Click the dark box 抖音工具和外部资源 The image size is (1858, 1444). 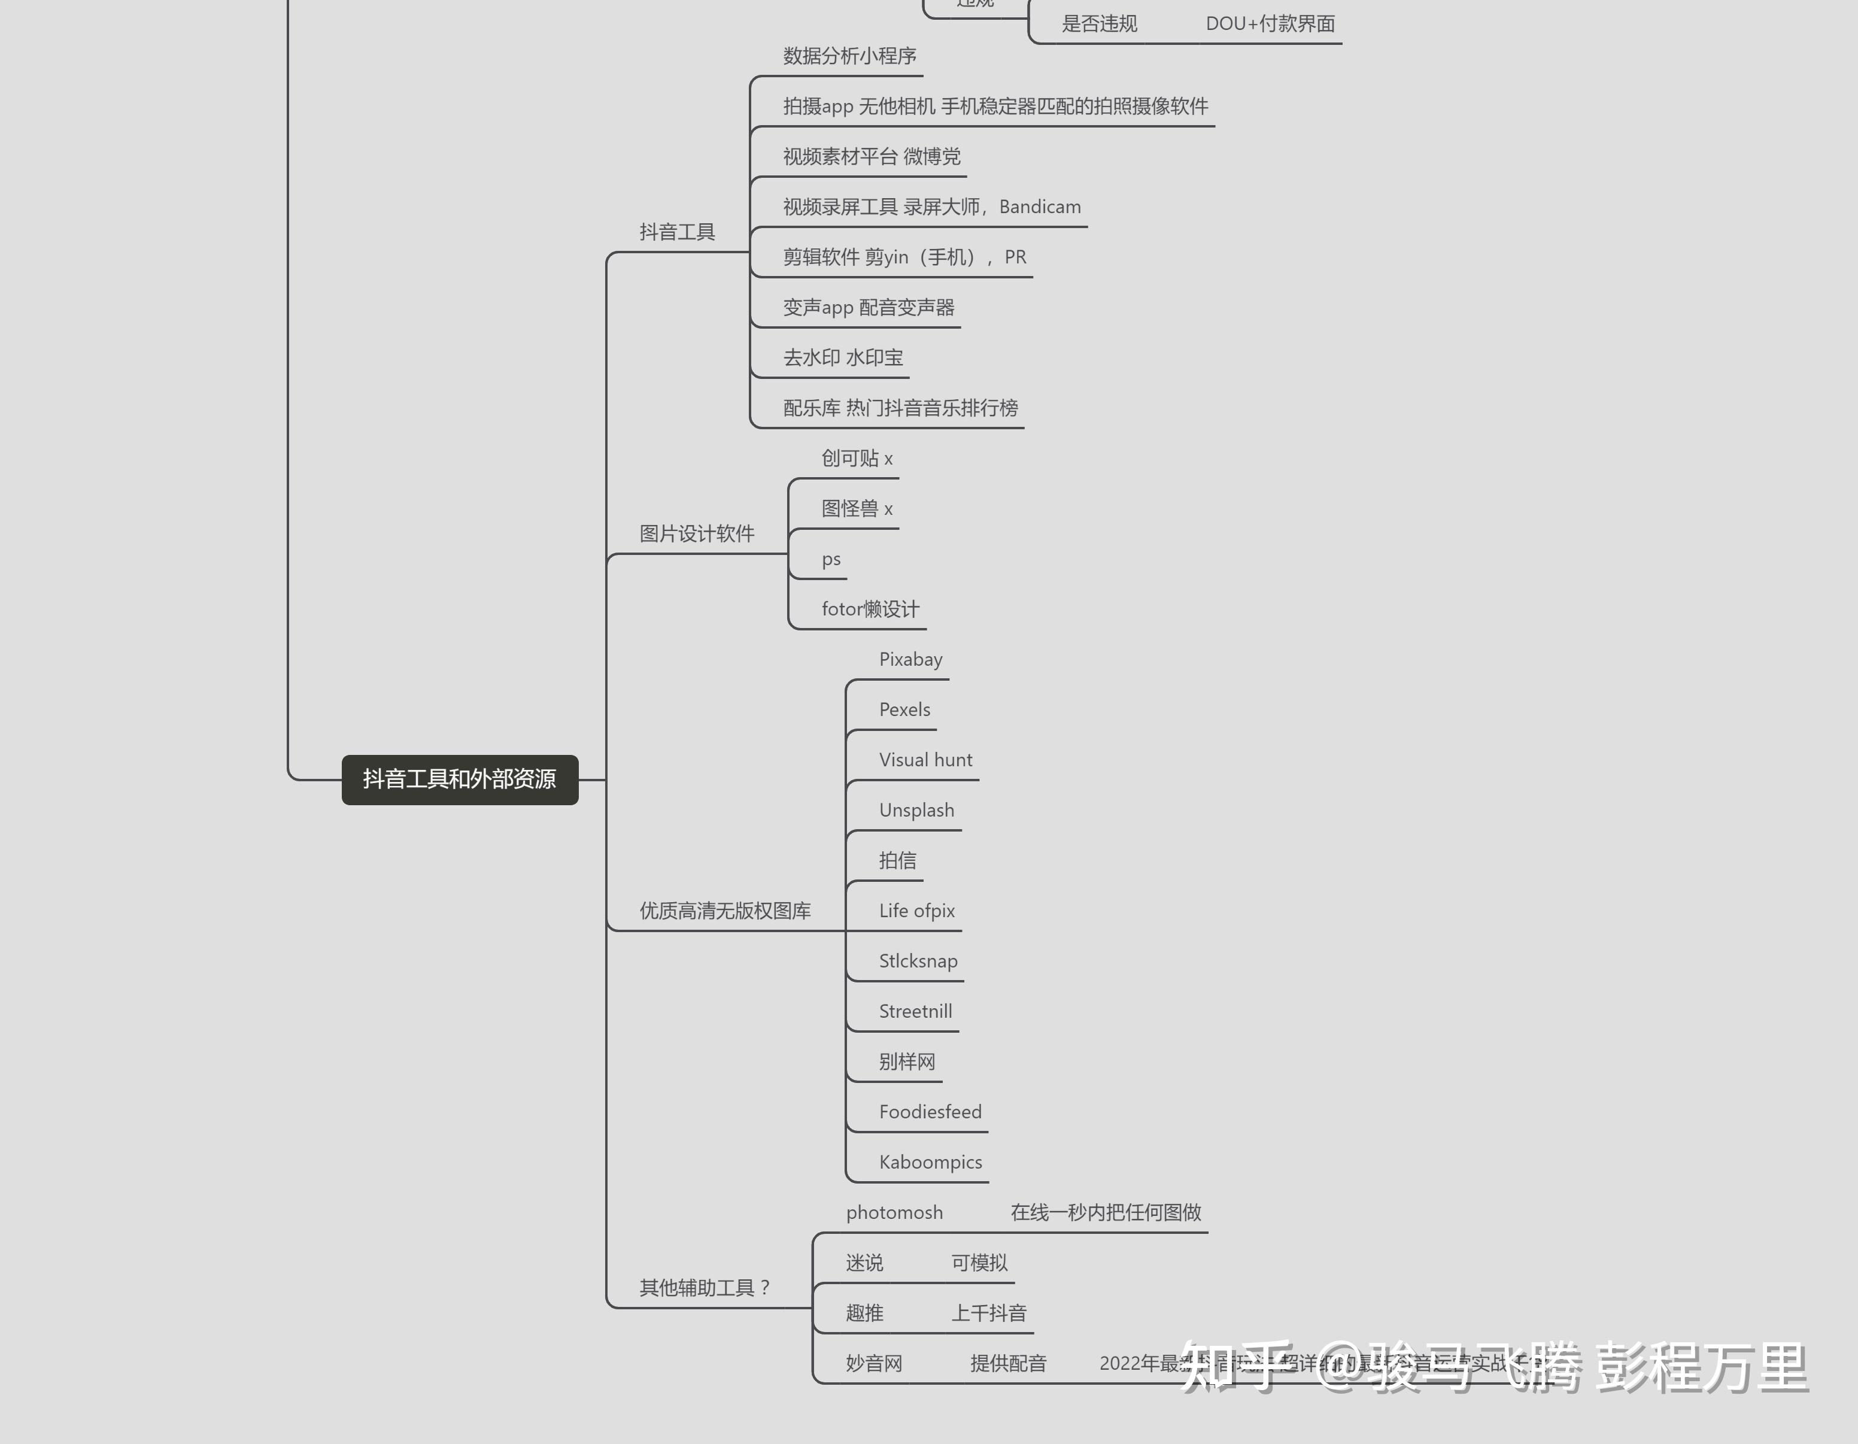tap(459, 779)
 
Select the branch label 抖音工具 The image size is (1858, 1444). tap(677, 232)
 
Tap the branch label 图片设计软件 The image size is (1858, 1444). tap(697, 533)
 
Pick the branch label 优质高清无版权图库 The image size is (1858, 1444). tap(725, 911)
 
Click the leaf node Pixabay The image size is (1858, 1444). tap(910, 660)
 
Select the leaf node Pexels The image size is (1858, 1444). tap(904, 709)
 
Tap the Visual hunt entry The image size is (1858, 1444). tap(925, 760)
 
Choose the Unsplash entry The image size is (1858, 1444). tap(916, 810)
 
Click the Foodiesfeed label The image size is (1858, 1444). tap(930, 1112)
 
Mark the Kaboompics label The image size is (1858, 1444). tap(930, 1163)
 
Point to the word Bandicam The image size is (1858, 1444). tap(1040, 207)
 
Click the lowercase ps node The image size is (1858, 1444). tap(831, 559)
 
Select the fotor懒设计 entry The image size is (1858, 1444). tap(870, 609)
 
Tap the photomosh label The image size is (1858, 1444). tap(894, 1212)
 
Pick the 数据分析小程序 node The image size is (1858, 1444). tap(849, 56)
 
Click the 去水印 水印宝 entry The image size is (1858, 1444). tap(843, 358)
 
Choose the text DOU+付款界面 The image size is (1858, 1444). tap(1270, 24)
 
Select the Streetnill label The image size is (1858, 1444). tap(915, 1012)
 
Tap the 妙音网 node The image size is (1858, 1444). tap(874, 1364)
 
